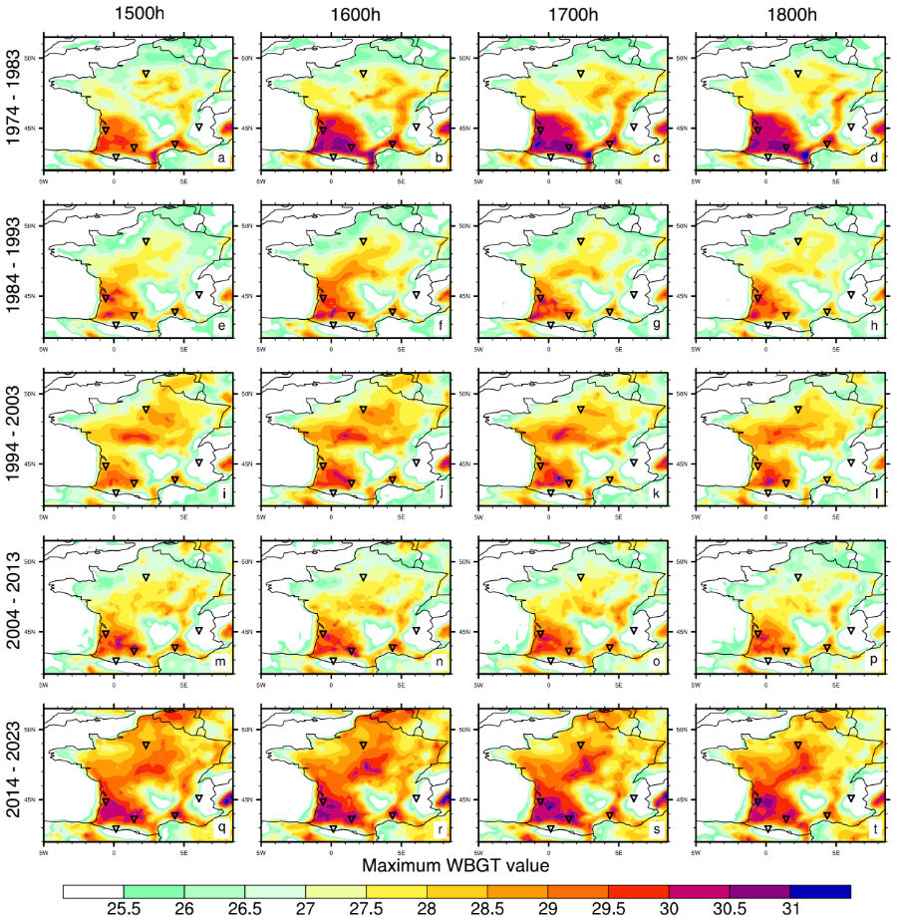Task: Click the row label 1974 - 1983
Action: click(14, 101)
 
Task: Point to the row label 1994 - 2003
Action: click(14, 436)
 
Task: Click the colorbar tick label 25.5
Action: click(123, 911)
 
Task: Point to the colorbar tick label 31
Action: click(789, 911)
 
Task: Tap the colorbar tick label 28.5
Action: click(486, 911)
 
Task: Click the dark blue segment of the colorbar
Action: click(820, 891)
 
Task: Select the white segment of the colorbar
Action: click(93, 891)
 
